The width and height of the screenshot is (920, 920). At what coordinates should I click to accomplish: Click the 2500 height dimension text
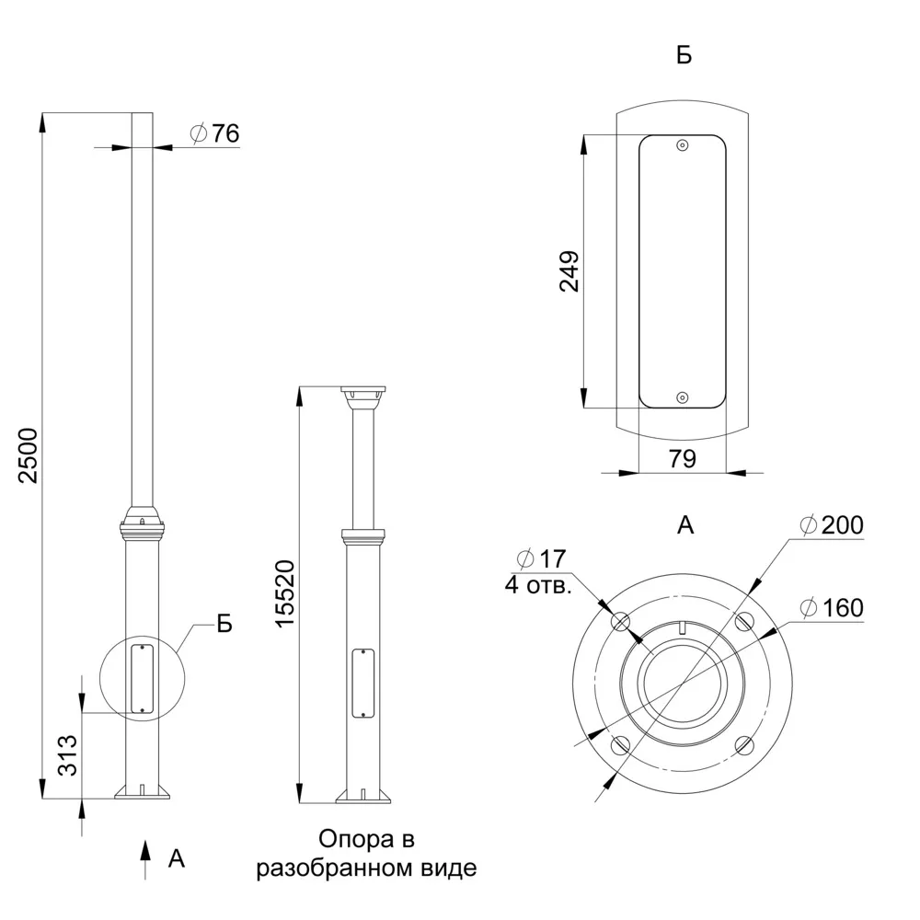click(x=29, y=455)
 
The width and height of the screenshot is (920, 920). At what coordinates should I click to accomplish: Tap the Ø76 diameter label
click(x=214, y=133)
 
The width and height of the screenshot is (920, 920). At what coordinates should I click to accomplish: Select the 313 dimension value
click(x=68, y=755)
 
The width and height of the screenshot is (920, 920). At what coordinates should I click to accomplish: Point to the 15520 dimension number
click(x=285, y=593)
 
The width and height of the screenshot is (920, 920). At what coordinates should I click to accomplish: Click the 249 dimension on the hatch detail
click(x=569, y=271)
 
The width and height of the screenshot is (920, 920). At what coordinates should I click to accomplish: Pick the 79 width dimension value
click(x=683, y=458)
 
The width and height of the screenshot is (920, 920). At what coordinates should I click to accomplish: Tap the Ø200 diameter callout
click(x=832, y=525)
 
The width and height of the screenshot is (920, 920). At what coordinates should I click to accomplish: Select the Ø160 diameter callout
click(x=832, y=608)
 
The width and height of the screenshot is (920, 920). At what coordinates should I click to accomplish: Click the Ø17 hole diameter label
click(x=541, y=559)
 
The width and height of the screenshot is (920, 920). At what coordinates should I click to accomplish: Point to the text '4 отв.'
click(x=538, y=585)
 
